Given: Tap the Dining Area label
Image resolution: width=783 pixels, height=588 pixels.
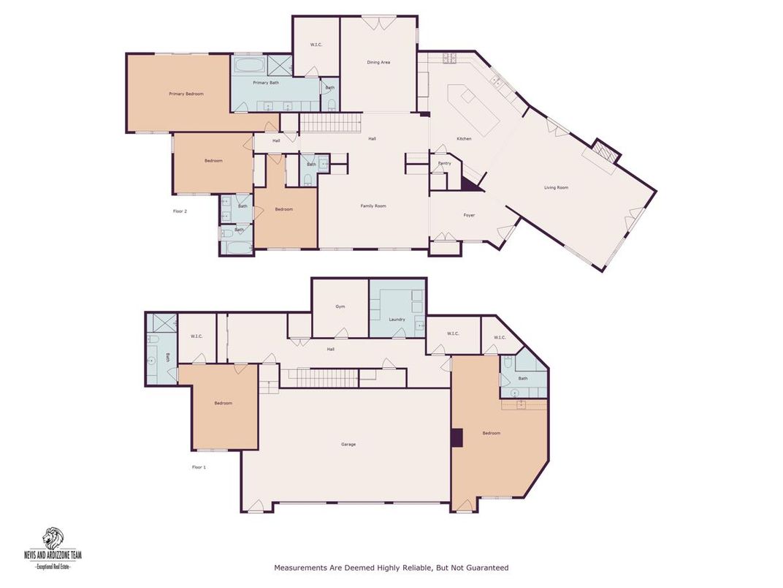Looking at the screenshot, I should (378, 62).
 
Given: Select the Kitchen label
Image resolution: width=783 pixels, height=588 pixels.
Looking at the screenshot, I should (464, 138).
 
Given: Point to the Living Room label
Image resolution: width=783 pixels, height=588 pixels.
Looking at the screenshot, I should (556, 188).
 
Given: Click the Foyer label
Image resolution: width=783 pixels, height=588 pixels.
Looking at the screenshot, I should (469, 215).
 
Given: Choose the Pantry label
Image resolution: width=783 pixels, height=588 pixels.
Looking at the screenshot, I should (444, 163).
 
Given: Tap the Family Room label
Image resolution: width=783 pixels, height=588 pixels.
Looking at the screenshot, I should (373, 206).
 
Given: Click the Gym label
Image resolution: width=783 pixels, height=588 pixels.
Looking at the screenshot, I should (340, 306).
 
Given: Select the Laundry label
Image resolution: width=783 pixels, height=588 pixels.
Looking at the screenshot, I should (397, 320).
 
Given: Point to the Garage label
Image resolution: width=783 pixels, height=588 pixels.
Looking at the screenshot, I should (348, 444).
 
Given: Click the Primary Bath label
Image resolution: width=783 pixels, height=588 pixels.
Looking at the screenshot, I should (266, 83).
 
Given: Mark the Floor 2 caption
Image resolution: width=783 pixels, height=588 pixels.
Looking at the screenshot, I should (180, 211).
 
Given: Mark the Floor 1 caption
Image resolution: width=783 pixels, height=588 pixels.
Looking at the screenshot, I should (199, 467).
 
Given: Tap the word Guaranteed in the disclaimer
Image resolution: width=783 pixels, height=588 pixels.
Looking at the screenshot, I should (486, 568).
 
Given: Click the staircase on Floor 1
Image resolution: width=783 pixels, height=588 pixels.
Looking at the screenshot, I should (321, 378).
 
